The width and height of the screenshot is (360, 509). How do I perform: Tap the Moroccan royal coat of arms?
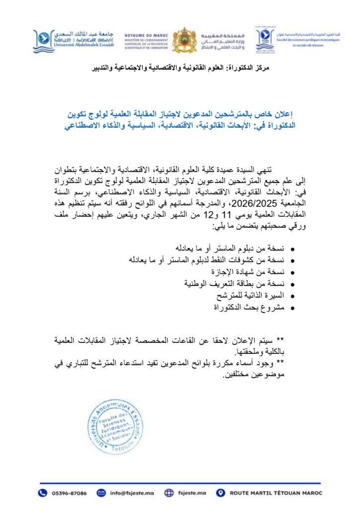click(x=183, y=40)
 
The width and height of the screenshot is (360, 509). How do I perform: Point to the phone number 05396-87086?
click(x=69, y=493)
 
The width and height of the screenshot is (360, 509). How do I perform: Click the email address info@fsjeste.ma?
click(x=129, y=493)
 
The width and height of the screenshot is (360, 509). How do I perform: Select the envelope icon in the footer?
click(x=101, y=493)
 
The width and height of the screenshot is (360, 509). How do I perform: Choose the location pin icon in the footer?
click(x=220, y=493)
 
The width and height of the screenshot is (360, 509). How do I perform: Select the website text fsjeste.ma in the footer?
click(x=191, y=493)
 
